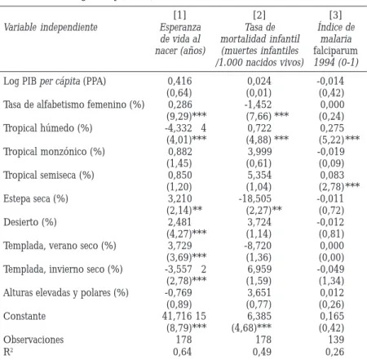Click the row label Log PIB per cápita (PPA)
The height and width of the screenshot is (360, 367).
coord(55,81)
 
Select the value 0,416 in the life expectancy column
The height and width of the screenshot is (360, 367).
coord(179,81)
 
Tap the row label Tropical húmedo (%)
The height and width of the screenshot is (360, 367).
coord(48,128)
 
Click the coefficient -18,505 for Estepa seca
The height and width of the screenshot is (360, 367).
coord(255,198)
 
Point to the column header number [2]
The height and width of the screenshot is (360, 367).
coord(259,15)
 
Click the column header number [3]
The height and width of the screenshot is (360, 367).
coord(335,15)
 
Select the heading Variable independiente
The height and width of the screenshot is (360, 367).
coord(51,27)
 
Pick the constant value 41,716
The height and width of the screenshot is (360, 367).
coord(177,316)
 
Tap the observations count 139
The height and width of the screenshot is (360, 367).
coord(336,340)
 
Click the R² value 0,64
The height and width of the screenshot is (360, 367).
coord(182,352)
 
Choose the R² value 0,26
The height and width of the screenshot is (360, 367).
coord(334,352)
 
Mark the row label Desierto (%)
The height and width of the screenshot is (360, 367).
coord(30,222)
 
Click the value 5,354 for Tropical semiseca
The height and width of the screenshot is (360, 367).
coord(259,175)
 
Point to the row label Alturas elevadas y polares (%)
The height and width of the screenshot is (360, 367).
coord(66,293)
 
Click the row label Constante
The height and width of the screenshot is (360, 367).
coord(24,316)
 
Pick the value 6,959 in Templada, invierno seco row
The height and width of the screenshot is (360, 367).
coord(259,269)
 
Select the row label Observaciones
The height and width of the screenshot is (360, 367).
coord(33,340)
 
